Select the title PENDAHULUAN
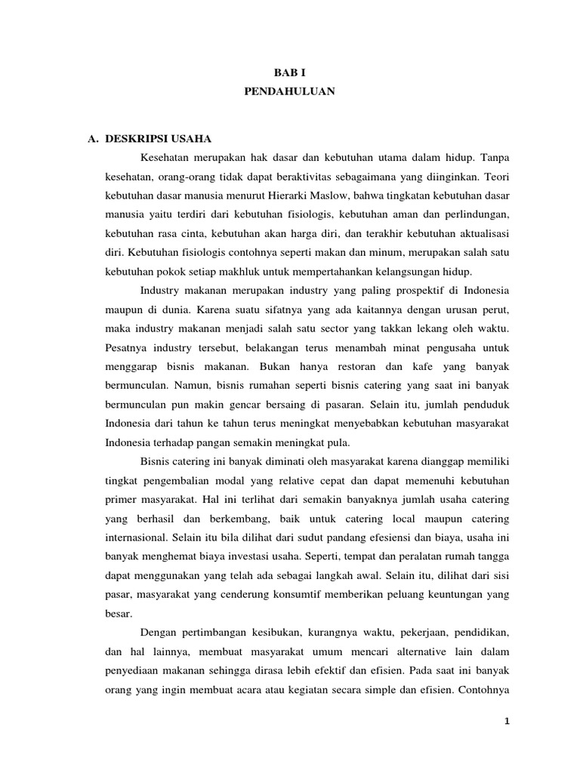point(289,91)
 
